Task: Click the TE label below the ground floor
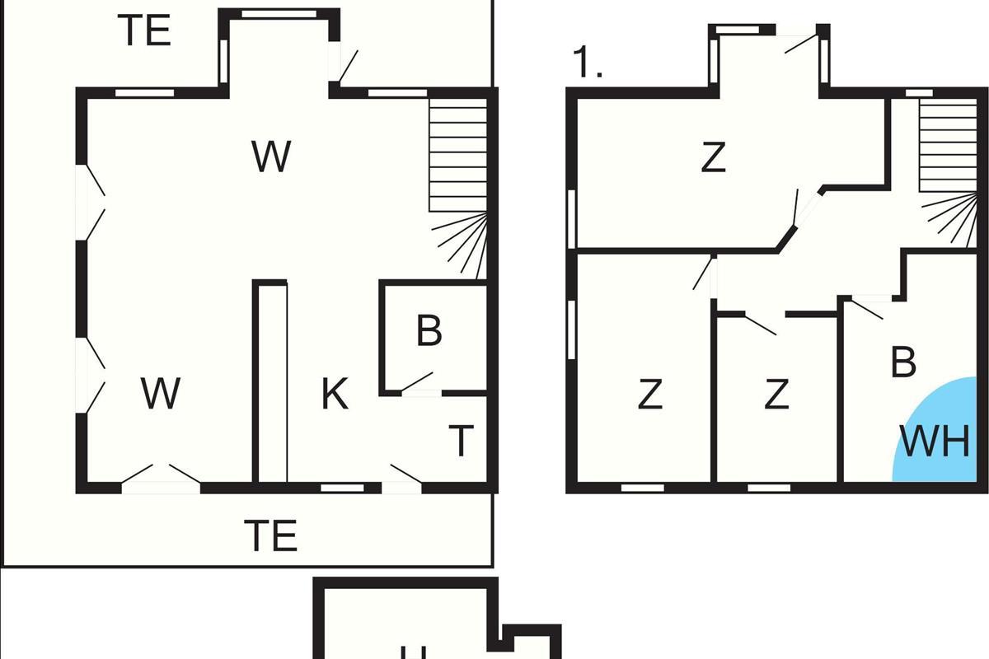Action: coord(270,535)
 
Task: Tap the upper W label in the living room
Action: coord(271,157)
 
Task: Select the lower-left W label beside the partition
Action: coord(161,394)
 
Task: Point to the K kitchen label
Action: coord(335,395)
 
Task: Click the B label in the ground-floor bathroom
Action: coord(429,331)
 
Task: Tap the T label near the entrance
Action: coord(462,441)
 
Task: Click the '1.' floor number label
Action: coord(587,63)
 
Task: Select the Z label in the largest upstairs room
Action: coord(713,158)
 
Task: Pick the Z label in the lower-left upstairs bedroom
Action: coord(650,395)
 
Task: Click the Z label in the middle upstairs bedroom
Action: coord(776,395)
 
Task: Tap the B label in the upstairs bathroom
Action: coord(904,362)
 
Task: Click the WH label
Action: coord(935,442)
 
